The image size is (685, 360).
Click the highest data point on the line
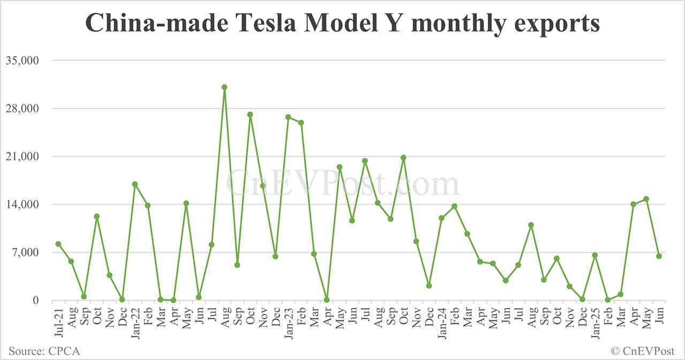pos(224,87)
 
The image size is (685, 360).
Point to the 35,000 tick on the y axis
pos(22,60)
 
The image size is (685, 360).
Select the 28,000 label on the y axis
pos(22,109)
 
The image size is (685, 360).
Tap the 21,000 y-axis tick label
pos(22,157)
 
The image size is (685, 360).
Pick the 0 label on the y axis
pos(35,301)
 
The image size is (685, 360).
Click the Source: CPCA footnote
pos(44,351)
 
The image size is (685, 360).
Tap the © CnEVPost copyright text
pos(643,351)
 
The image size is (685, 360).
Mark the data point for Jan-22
pos(135,184)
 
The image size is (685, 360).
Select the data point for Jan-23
pos(288,117)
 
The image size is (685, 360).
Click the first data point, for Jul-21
pos(58,244)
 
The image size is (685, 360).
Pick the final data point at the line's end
pos(659,256)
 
